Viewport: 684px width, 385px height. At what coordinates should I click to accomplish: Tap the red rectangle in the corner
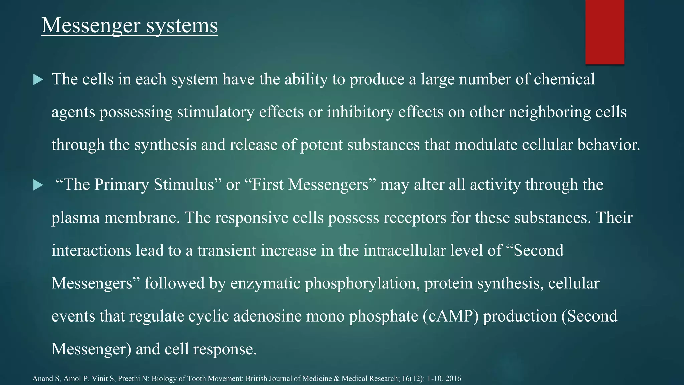point(605,32)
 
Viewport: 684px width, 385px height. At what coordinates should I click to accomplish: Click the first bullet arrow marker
point(38,80)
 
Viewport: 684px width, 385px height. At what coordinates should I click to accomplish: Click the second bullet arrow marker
point(38,185)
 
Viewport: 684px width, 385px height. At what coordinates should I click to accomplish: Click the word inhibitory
point(360,112)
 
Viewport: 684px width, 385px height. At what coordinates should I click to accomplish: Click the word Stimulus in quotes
point(187,185)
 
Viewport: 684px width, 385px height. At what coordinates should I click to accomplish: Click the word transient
point(227,251)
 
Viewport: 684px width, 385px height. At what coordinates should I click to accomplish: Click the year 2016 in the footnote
point(453,379)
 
